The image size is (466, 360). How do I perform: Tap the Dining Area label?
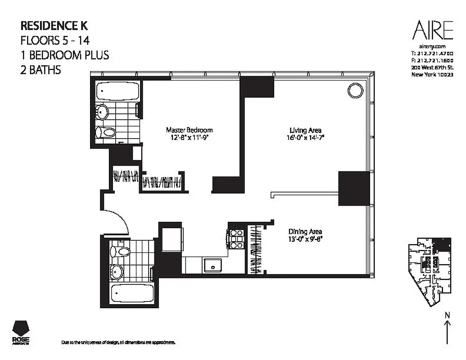point(304,232)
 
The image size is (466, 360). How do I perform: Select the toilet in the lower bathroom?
point(121,251)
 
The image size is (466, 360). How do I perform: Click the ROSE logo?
point(22,333)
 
